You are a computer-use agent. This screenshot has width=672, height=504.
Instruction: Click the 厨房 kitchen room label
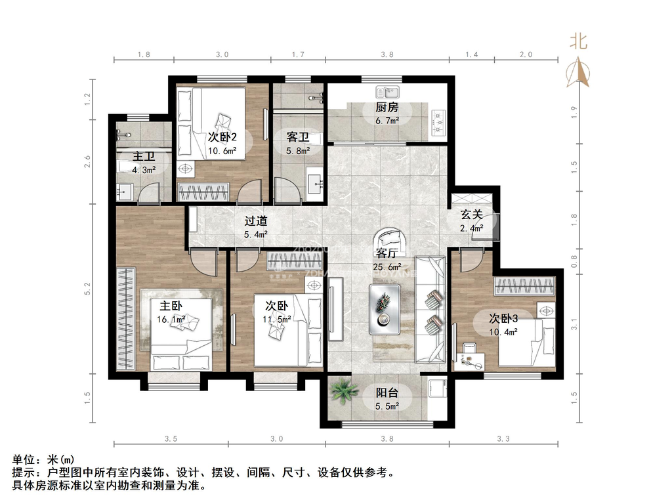coord(387,108)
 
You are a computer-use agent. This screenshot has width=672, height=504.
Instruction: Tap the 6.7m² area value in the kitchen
coord(387,121)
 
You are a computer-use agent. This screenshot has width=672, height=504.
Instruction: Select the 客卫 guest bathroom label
coord(298,137)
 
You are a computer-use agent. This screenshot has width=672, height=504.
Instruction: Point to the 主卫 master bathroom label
coord(144,157)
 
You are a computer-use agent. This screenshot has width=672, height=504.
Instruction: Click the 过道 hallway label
coord(257,221)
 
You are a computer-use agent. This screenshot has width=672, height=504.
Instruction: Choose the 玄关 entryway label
coord(471,215)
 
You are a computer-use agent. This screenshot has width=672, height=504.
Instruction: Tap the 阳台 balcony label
coord(386,392)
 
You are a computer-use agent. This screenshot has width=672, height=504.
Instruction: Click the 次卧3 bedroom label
coord(503,318)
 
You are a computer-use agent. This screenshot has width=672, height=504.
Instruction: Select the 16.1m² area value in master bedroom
coord(171,320)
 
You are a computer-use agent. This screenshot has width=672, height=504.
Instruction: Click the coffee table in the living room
coord(386,309)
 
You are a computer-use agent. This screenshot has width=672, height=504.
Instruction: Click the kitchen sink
coord(387,91)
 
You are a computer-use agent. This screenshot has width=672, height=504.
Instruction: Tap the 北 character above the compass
coord(578,41)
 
